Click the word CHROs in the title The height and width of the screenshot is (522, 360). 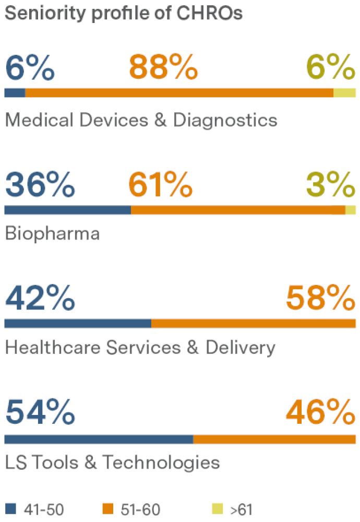[x=209, y=13]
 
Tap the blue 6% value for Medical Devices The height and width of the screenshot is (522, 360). [x=30, y=67]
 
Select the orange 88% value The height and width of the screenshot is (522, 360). [x=163, y=67]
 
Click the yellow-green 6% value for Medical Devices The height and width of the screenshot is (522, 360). [x=331, y=67]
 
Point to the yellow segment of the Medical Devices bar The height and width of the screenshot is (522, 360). [x=345, y=93]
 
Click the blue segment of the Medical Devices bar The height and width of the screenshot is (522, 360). [x=15, y=93]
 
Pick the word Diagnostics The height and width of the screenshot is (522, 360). [x=225, y=120]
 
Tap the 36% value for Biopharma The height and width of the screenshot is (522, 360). [x=40, y=184]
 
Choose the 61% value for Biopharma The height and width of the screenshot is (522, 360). [x=160, y=184]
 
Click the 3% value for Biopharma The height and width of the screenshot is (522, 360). [x=331, y=184]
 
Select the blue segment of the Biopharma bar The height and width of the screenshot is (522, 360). [x=67, y=210]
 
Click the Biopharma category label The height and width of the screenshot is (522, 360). [x=53, y=233]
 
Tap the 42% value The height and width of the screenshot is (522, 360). [x=40, y=298]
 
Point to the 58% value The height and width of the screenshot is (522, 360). [x=321, y=298]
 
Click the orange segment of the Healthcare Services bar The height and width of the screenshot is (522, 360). [x=254, y=323]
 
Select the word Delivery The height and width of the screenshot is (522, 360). [x=241, y=348]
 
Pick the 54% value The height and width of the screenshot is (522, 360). [x=40, y=412]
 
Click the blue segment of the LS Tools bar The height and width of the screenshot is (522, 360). [x=99, y=439]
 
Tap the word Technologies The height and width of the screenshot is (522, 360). [x=161, y=462]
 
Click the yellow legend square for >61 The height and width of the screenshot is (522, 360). [x=218, y=509]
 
